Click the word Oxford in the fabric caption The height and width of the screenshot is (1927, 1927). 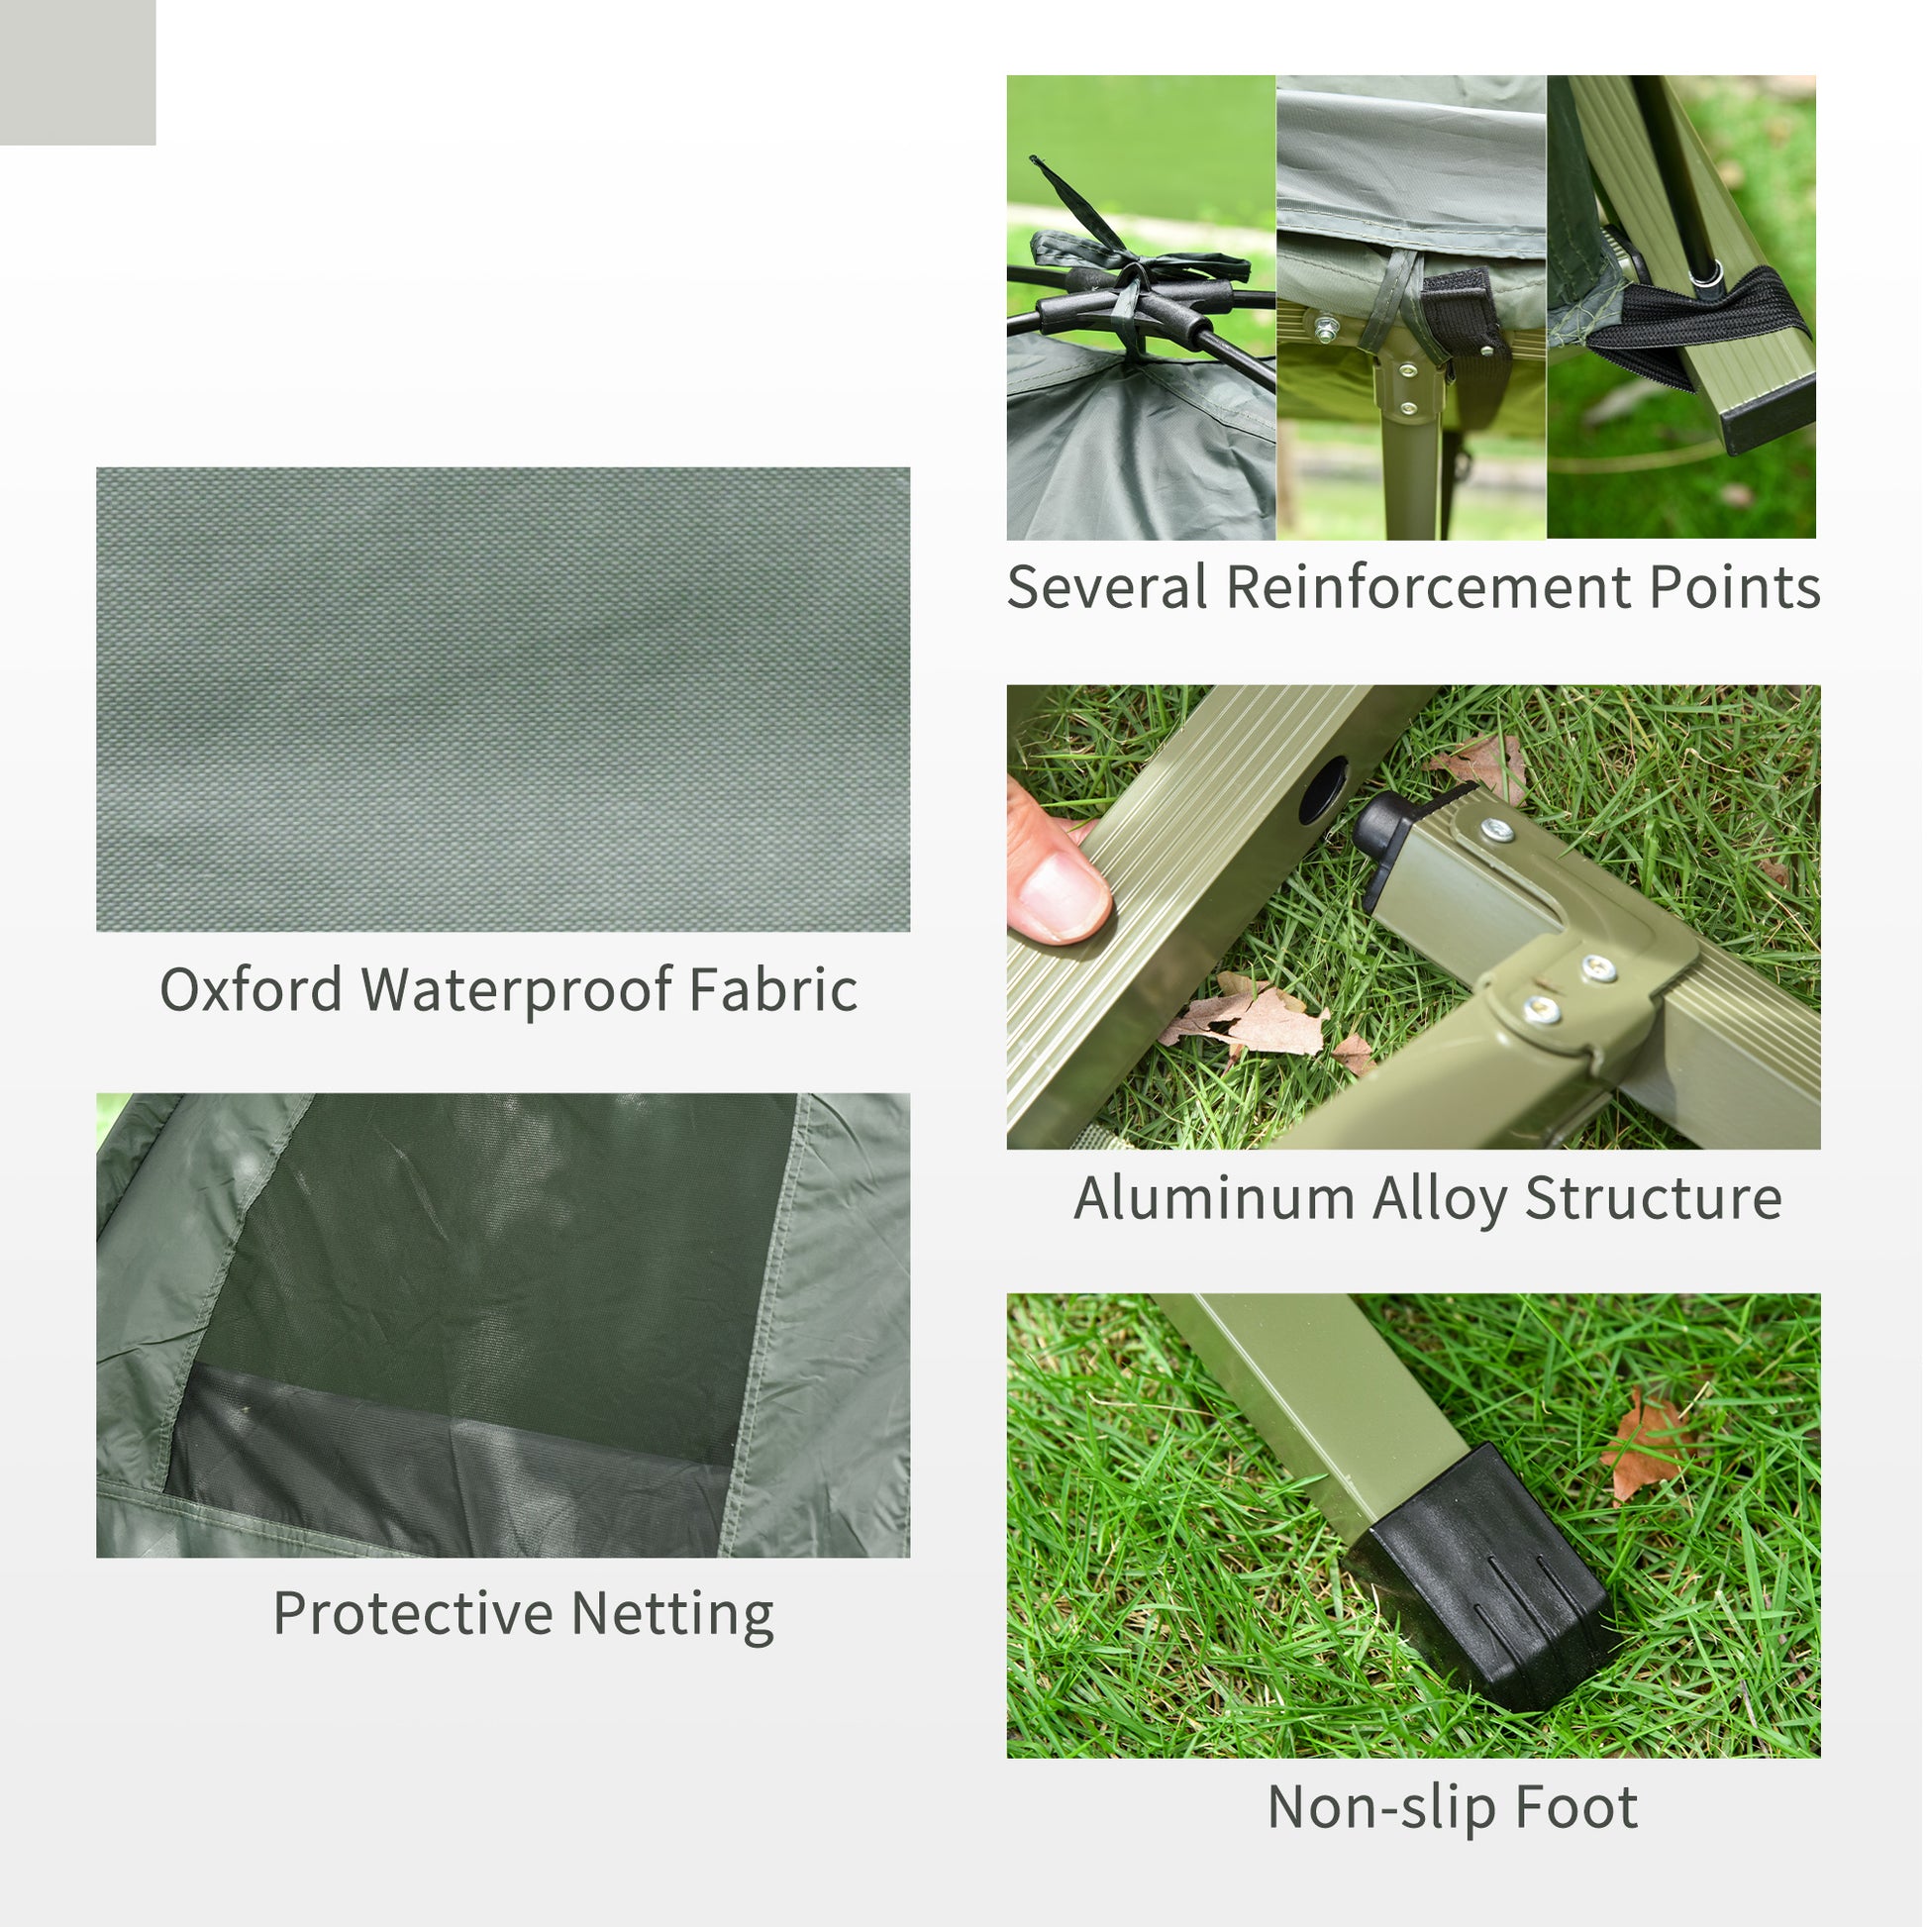[252, 990]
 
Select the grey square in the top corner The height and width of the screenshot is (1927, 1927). [77, 72]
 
